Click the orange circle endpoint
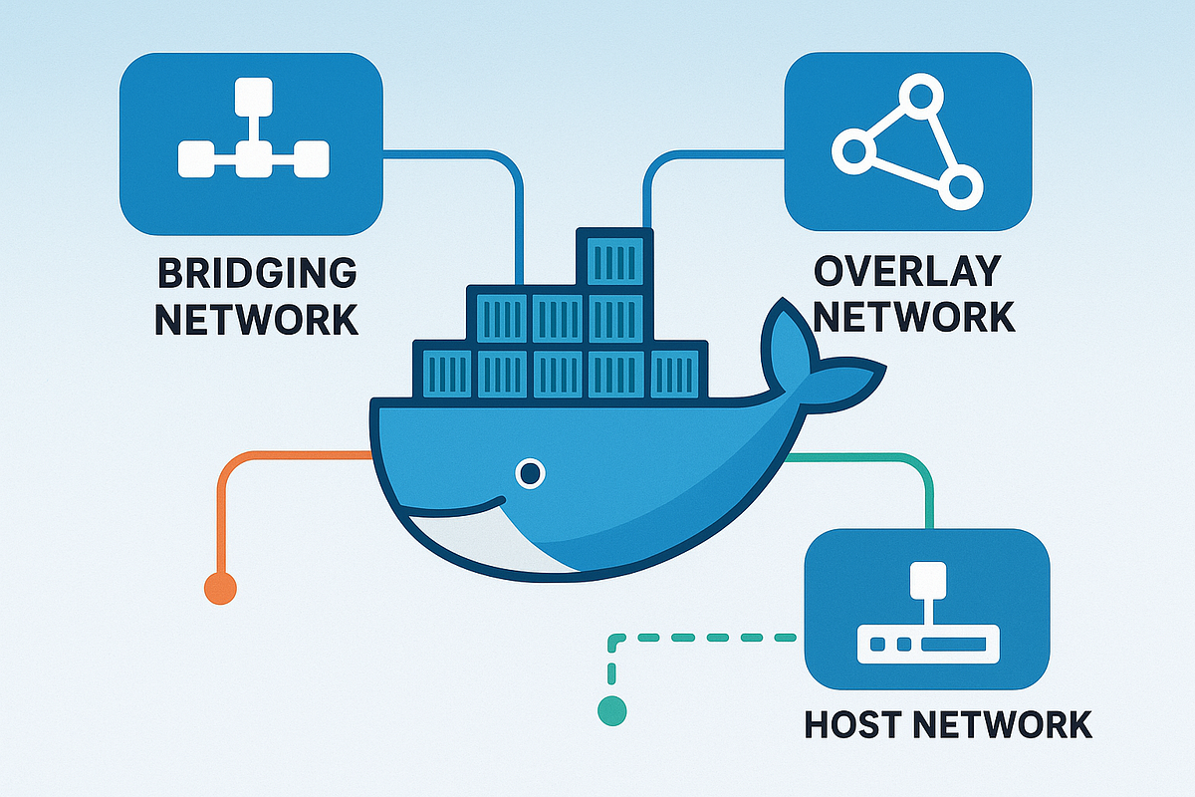pos(220,588)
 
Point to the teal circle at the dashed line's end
pos(612,710)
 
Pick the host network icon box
pos(926,609)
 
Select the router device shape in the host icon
pos(927,647)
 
